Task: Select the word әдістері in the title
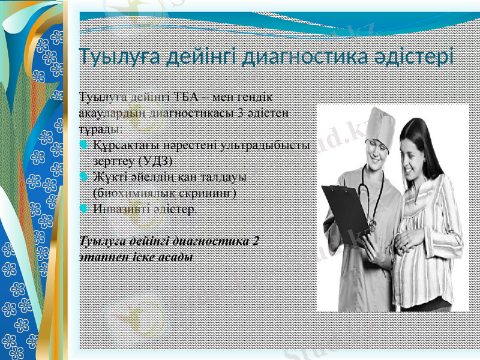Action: pyautogui.click(x=419, y=58)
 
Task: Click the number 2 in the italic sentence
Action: pyautogui.click(x=256, y=241)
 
